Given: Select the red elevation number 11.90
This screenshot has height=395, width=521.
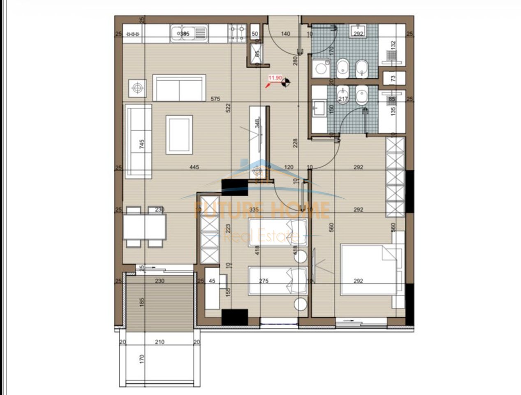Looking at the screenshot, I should [x=275, y=77].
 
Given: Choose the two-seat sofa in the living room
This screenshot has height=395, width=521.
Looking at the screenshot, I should [x=179, y=88].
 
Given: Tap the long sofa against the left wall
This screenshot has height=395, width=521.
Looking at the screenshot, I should [x=138, y=141].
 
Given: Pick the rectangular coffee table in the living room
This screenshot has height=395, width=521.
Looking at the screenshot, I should [x=179, y=135].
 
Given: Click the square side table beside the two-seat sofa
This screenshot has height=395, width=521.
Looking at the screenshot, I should [x=137, y=88].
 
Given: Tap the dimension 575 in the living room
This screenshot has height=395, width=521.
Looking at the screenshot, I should [x=215, y=99].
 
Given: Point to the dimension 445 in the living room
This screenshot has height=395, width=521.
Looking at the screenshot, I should [x=195, y=167].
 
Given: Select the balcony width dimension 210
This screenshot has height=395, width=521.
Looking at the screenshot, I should [x=160, y=342].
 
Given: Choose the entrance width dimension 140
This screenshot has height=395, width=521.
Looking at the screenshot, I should [x=286, y=34].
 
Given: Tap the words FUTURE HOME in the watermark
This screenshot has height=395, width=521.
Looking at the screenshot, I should [x=262, y=210].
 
